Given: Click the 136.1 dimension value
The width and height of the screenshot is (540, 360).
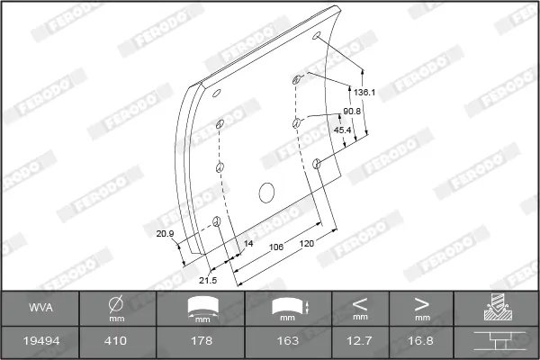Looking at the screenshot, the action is click(364, 93).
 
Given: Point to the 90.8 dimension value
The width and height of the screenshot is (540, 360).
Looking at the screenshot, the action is click(352, 112).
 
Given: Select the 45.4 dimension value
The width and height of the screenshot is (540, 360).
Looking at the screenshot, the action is click(342, 130).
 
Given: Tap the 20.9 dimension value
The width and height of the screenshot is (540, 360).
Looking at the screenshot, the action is click(165, 234).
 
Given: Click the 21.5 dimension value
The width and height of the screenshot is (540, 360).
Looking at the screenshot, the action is click(208, 281).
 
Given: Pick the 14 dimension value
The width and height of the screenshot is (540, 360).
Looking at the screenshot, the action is click(248, 244).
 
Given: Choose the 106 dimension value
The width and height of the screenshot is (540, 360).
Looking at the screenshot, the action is click(276, 247).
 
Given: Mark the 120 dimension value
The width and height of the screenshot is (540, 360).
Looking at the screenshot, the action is click(307, 244).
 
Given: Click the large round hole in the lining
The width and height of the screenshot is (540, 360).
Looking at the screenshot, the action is click(266, 193).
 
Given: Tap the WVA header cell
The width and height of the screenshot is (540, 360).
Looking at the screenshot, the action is click(40, 308).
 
